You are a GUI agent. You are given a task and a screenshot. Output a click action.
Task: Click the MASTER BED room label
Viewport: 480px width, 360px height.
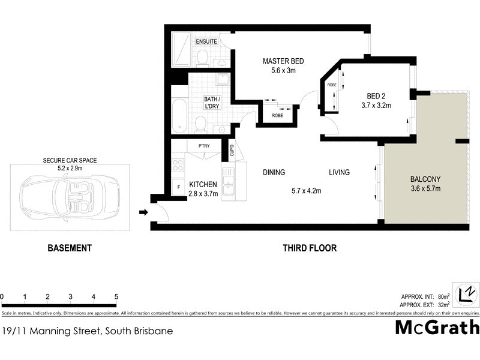point(284,61)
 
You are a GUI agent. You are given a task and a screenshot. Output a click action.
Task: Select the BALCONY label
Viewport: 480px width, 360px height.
point(425,179)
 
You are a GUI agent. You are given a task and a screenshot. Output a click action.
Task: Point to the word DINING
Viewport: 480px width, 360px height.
point(274,173)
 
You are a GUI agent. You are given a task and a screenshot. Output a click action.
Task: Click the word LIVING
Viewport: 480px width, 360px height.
point(339,173)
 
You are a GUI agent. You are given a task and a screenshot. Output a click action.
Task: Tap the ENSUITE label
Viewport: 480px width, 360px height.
point(208,41)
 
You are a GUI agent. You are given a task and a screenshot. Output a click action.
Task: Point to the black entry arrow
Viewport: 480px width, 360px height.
point(143,212)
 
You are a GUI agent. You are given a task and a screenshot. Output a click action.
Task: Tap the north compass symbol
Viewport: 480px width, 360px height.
point(467,295)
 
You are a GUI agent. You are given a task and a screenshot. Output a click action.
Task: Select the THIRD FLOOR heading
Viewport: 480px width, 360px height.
point(310,248)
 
